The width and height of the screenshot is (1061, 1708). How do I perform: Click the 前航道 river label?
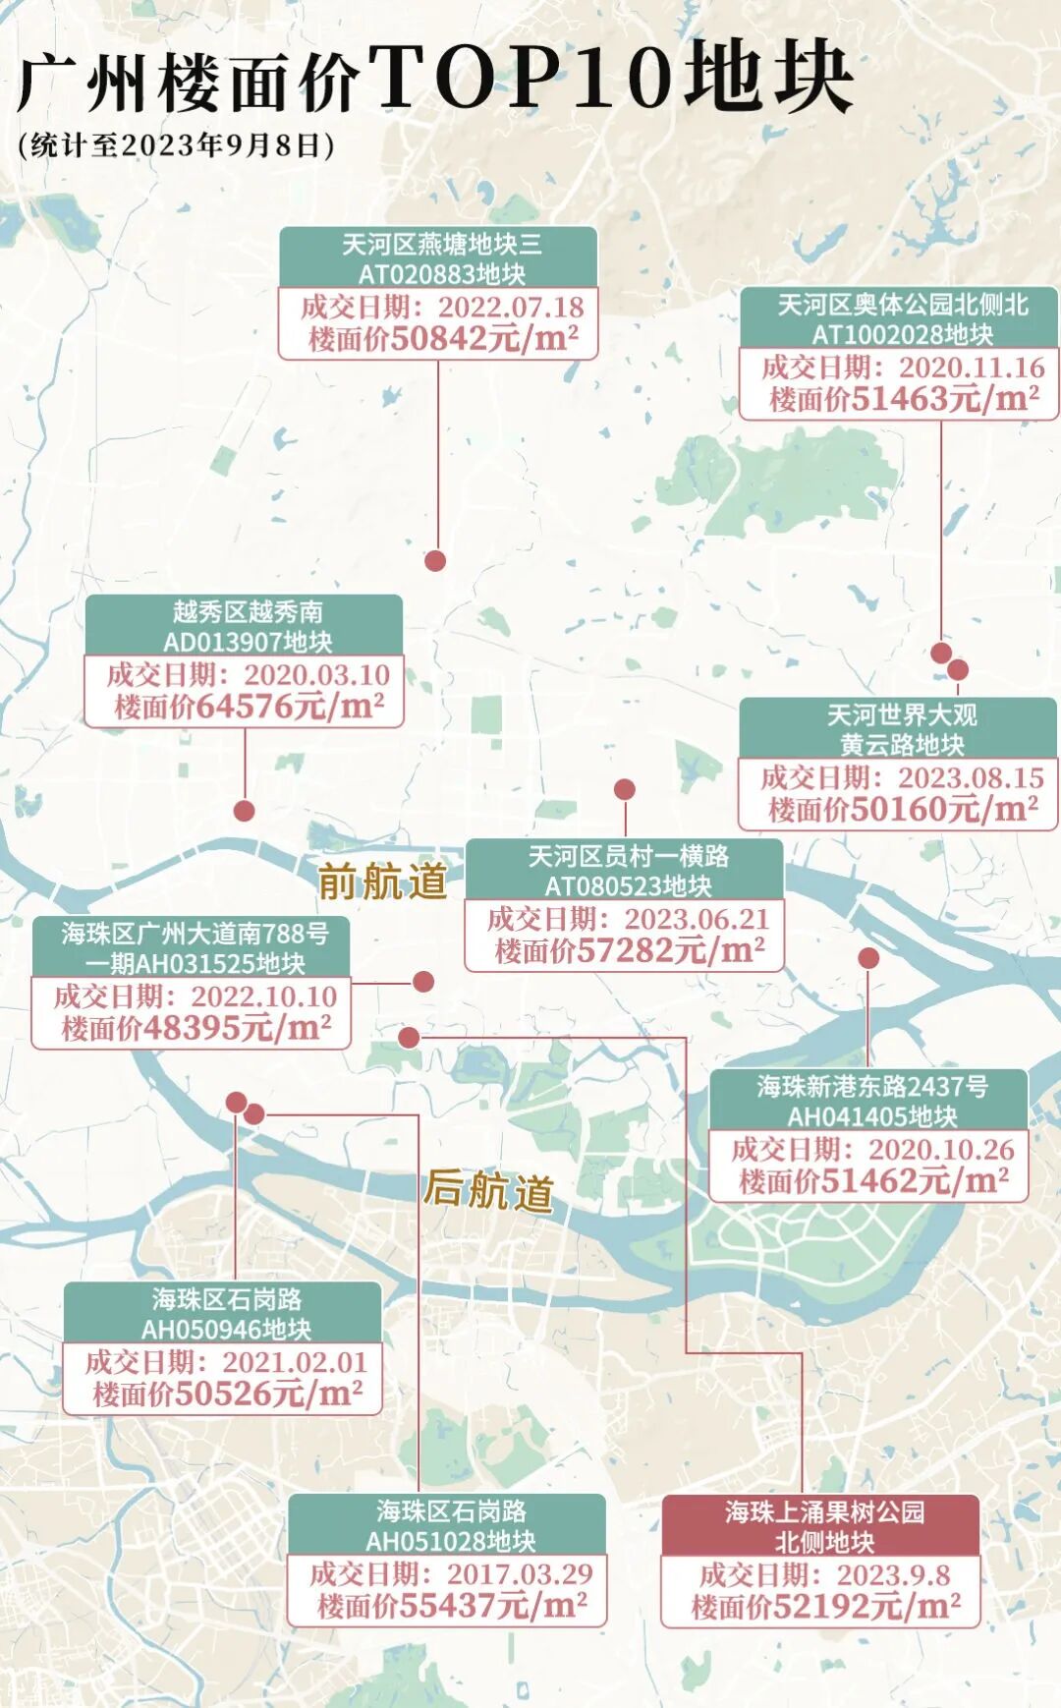tap(382, 882)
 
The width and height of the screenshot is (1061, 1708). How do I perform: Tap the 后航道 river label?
tap(488, 1190)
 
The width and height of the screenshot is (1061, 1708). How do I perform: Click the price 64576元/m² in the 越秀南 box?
tap(291, 707)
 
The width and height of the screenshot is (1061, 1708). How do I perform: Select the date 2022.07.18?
tap(511, 307)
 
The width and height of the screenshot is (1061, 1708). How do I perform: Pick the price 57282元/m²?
tap(670, 950)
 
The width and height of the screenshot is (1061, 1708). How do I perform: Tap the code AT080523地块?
tap(627, 886)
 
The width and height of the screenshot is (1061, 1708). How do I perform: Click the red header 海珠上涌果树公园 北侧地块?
tap(823, 1525)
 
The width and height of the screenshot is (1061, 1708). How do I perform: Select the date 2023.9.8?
tap(893, 1575)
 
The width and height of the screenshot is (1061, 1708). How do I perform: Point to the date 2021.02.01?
tap(295, 1362)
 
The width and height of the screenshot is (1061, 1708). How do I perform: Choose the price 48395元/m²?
tap(237, 1028)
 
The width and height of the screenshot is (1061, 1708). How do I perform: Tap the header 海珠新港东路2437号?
tap(871, 1086)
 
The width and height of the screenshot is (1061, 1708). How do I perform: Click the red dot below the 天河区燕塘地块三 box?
tap(435, 560)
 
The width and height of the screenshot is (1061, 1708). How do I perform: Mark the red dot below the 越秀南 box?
tap(245, 811)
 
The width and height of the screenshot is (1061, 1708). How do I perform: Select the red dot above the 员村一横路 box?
tap(624, 789)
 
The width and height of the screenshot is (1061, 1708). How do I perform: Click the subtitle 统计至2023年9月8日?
tap(177, 145)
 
